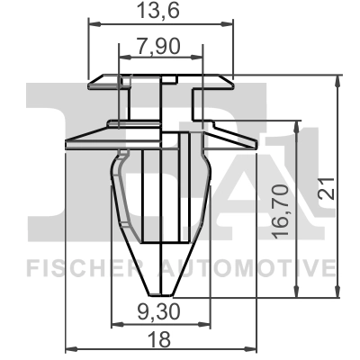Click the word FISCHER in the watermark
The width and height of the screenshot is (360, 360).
click(x=72, y=267)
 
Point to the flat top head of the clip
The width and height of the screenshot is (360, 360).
click(x=161, y=79)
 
